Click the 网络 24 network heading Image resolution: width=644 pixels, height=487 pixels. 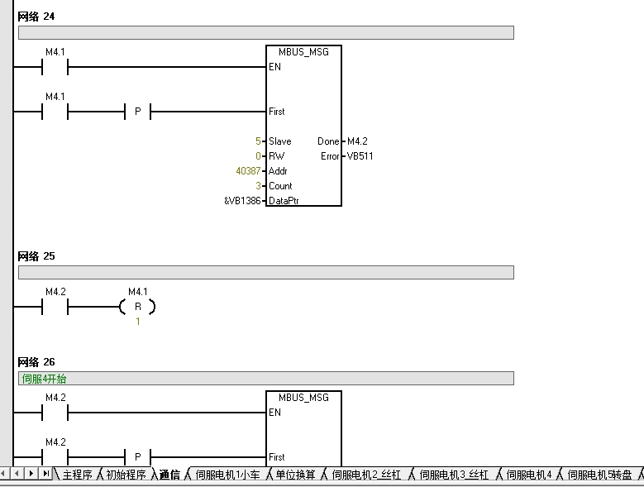(x=36, y=17)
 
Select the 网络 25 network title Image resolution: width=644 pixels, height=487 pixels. (x=36, y=256)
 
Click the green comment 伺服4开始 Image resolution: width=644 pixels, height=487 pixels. (x=44, y=379)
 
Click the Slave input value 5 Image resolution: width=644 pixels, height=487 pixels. (x=258, y=141)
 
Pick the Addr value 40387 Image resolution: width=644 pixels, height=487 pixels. (x=248, y=171)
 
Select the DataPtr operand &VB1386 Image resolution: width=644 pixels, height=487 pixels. (x=242, y=201)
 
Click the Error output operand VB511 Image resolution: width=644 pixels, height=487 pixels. (x=360, y=156)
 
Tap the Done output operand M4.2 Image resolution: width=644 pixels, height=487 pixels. (x=357, y=141)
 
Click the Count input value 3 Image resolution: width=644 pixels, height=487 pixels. (x=258, y=186)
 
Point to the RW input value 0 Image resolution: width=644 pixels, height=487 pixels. (x=258, y=156)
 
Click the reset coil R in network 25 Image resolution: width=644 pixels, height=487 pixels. (x=137, y=307)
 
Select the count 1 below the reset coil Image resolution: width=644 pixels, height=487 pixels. (x=138, y=322)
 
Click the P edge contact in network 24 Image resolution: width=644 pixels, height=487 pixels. (x=137, y=112)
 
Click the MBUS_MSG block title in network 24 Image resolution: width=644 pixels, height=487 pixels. (x=303, y=52)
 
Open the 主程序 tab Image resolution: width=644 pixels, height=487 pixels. (x=77, y=475)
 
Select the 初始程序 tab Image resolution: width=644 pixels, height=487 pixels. (x=126, y=475)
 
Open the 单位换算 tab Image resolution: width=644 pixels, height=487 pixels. (x=295, y=475)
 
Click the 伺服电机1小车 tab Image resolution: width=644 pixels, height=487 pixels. (x=227, y=475)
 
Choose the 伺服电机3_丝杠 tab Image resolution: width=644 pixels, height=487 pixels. (x=454, y=475)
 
